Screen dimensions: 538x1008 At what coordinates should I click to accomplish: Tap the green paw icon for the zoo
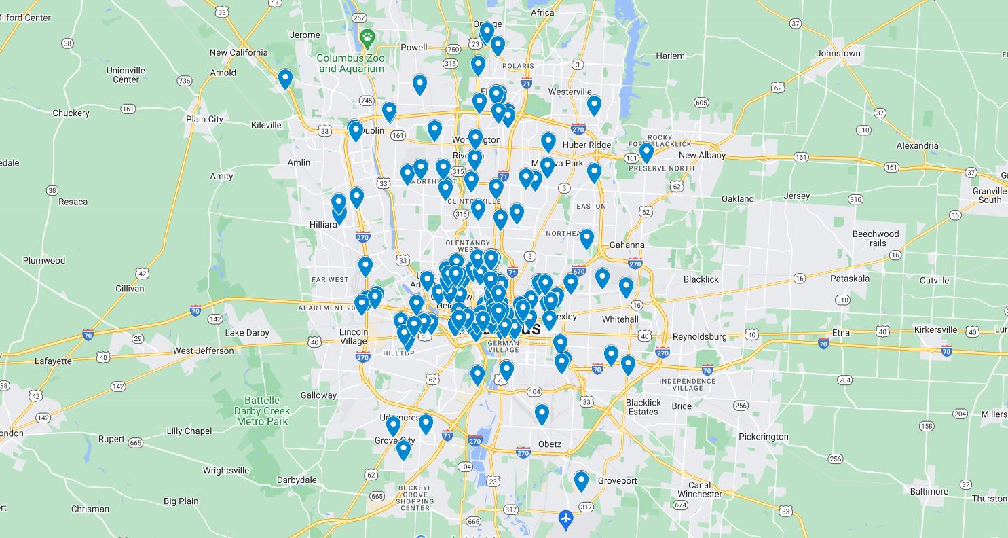(367, 38)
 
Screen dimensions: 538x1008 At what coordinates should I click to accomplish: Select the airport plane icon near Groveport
(565, 519)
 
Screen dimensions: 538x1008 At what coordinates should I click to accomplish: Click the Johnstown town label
(838, 53)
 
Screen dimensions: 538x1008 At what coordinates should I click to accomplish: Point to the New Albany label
(702, 155)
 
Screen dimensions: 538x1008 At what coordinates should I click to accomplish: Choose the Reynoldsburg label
(700, 336)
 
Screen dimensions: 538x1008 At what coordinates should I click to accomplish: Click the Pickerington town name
(764, 436)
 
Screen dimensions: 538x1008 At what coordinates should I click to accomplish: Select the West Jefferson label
(203, 351)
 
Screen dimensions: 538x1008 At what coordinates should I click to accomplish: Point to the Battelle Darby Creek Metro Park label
(262, 411)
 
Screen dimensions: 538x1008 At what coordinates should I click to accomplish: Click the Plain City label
(204, 119)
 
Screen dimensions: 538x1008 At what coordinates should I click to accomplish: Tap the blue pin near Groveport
(581, 481)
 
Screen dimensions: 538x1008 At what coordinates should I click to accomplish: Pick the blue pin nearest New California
(285, 79)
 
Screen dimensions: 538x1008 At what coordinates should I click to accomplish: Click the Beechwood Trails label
(875, 238)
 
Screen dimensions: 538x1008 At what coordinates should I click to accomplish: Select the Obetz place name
(549, 444)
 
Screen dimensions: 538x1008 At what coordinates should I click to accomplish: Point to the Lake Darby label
(247, 333)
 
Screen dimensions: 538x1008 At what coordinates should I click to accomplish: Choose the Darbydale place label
(297, 480)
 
